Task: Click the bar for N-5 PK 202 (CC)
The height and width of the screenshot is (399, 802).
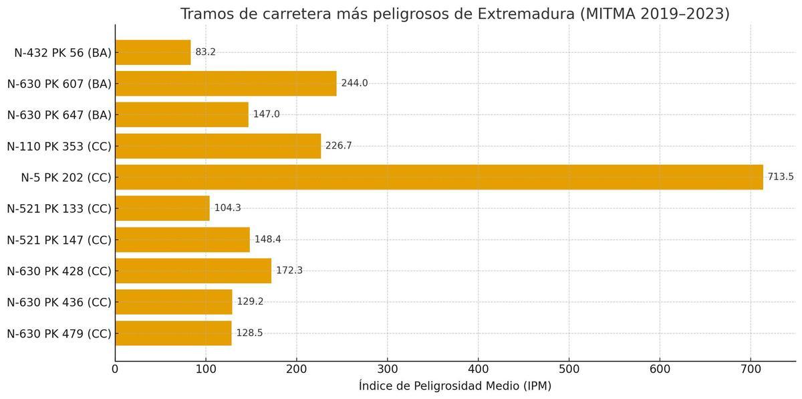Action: (439, 177)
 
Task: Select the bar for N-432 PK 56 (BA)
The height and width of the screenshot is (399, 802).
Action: (153, 52)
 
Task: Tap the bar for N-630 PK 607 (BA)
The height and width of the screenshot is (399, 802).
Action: (226, 83)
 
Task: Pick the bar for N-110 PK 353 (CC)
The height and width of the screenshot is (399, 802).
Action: (218, 146)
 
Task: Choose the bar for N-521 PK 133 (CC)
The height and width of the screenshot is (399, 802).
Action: (162, 208)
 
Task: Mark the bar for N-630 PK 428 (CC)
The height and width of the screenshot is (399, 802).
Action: (193, 270)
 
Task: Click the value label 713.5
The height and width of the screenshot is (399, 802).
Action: (781, 177)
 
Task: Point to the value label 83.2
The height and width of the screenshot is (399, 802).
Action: (205, 52)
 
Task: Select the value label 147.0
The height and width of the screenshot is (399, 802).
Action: (266, 114)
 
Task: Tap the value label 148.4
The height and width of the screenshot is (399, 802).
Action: (267, 240)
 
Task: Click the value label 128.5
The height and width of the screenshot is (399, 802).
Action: (249, 333)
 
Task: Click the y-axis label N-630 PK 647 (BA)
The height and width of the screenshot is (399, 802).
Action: (59, 114)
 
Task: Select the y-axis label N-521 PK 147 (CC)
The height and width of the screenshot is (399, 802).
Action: (59, 240)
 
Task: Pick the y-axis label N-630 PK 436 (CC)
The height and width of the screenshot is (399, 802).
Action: (59, 302)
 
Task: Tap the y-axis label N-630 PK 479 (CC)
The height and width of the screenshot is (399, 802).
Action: (59, 333)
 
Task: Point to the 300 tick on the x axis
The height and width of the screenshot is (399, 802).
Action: (388, 368)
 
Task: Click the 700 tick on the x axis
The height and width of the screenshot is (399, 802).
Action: (751, 368)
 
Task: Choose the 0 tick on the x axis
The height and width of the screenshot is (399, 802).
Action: (115, 368)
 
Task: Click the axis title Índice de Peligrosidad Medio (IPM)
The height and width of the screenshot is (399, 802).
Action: (455, 386)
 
